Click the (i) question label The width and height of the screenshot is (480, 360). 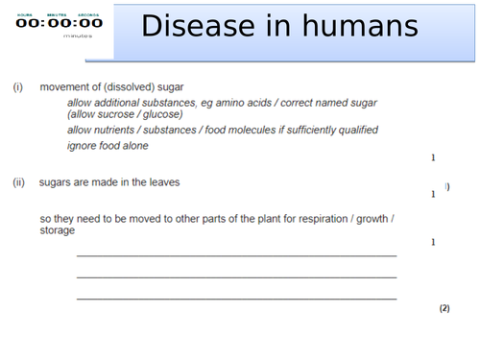[x=17, y=87]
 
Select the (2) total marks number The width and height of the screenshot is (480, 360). [x=444, y=309]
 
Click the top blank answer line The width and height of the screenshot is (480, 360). [x=236, y=255]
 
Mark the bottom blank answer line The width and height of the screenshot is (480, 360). [x=236, y=299]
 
